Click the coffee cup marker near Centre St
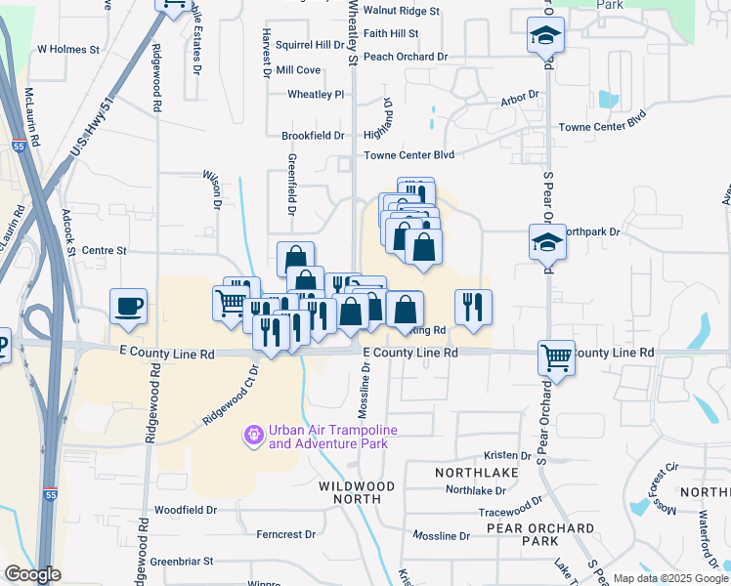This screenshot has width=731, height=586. coord(128,307)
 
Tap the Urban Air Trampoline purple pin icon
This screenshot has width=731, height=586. coord(254,432)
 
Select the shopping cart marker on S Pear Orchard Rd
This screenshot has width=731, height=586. coord(556,357)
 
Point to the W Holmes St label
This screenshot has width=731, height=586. coord(68,48)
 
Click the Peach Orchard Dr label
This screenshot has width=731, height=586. coord(405,57)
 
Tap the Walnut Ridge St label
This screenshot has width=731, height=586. coord(401,11)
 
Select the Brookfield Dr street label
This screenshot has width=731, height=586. coord(313,136)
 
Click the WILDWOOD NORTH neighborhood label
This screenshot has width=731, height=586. coord(357,492)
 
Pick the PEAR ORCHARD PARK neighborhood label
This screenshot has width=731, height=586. coord(540,534)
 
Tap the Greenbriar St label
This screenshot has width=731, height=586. coord(182,562)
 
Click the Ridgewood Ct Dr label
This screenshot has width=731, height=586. coord(229,397)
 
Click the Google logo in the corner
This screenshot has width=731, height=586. coord(32,574)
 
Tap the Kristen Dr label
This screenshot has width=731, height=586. coord(507,456)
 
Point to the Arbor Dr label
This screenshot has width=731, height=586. coord(520,98)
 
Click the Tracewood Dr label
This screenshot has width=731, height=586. coord(509,511)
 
